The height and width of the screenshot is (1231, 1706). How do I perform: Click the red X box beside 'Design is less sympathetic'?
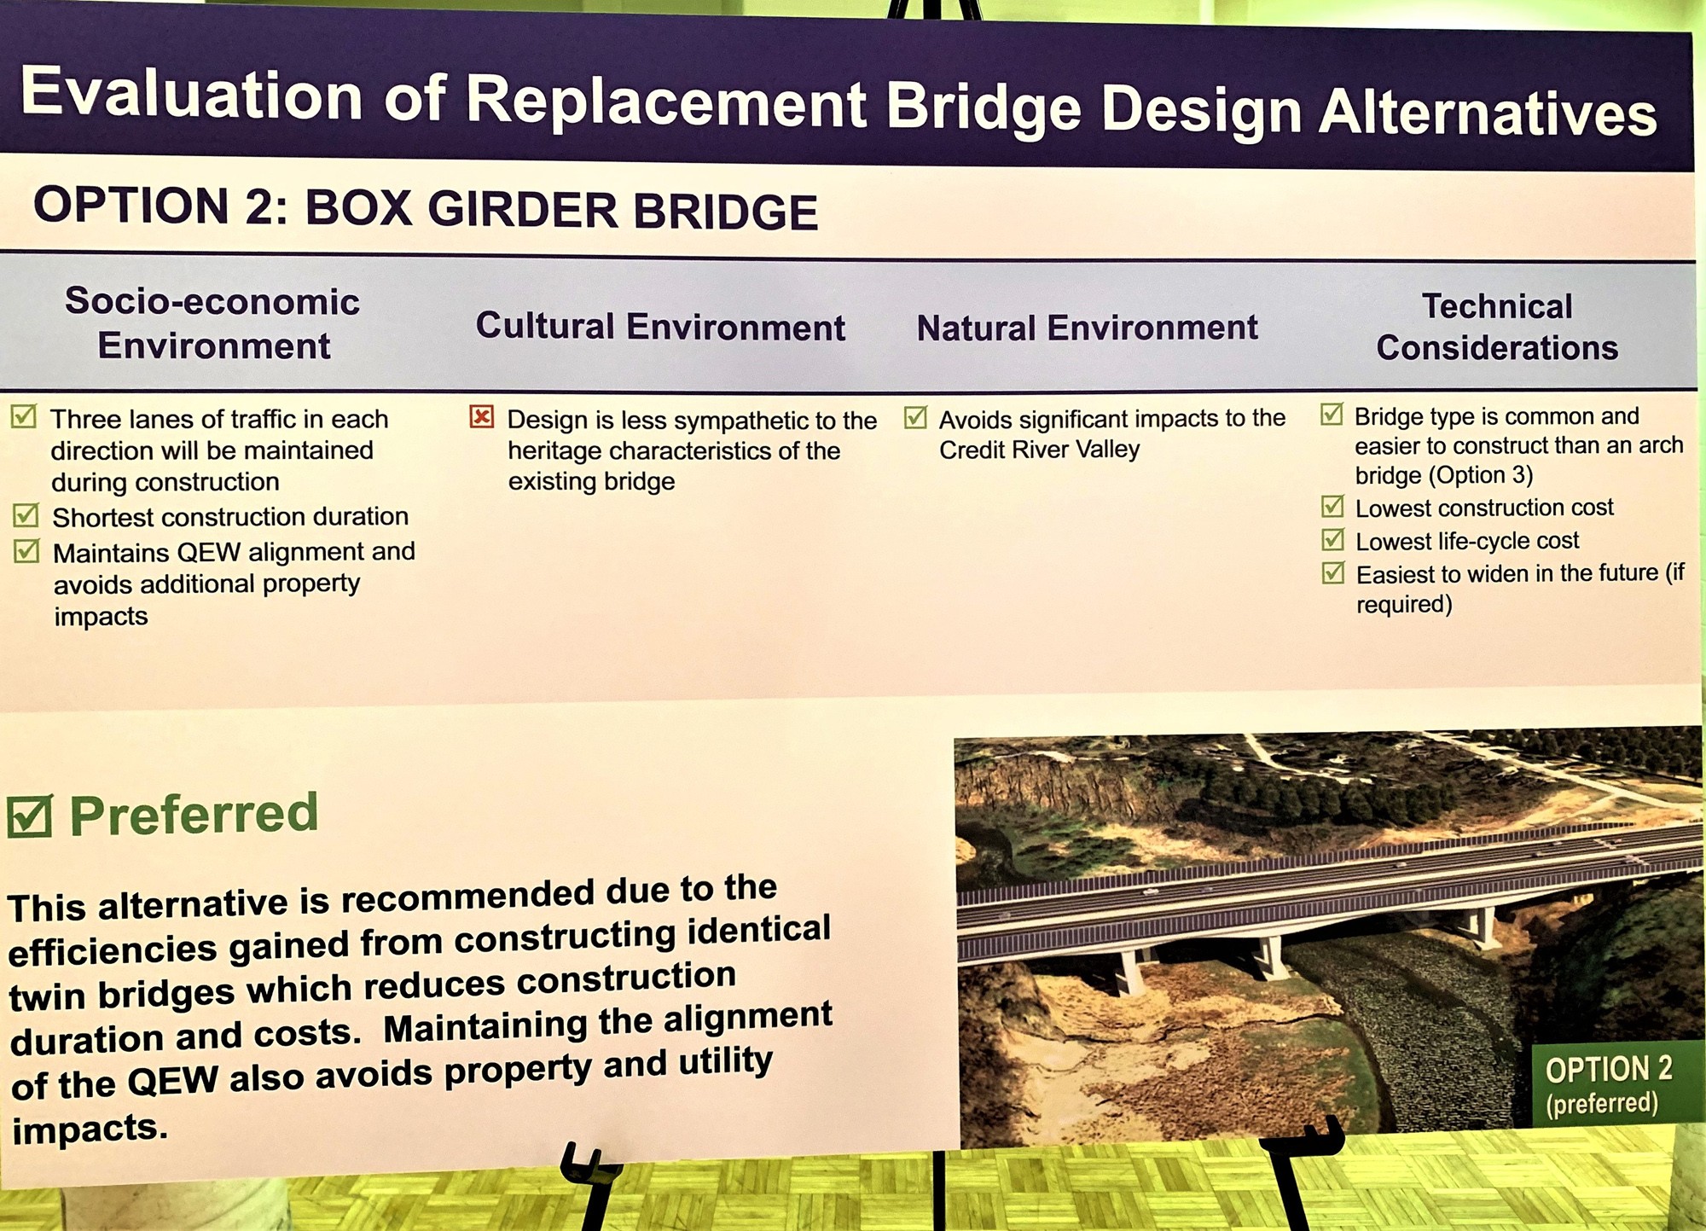[x=482, y=417]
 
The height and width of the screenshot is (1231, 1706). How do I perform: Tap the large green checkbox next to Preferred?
[x=30, y=816]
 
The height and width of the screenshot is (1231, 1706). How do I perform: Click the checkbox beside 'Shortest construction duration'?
[x=26, y=515]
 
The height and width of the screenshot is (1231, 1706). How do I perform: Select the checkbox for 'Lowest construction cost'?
[x=1332, y=507]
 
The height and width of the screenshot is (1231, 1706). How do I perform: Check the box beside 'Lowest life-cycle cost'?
[x=1332, y=539]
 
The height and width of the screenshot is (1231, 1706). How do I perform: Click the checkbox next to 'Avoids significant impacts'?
[x=915, y=418]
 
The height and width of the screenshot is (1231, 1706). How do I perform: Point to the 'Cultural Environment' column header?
[x=660, y=327]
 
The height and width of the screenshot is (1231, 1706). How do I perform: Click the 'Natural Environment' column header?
[x=1087, y=328]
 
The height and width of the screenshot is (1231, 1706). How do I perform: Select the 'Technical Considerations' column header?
[x=1497, y=327]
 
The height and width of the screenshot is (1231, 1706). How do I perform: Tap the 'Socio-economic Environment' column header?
[x=213, y=323]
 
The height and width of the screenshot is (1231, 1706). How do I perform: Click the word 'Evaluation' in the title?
[x=192, y=94]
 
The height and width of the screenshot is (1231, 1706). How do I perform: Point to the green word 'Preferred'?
[x=194, y=814]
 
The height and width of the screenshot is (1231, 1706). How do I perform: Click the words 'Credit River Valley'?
[x=1039, y=450]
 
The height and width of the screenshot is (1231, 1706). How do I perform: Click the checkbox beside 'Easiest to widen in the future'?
[x=1332, y=572]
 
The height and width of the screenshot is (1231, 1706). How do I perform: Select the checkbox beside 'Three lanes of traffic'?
[x=24, y=417]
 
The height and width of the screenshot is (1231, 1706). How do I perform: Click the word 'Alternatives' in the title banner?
[x=1487, y=113]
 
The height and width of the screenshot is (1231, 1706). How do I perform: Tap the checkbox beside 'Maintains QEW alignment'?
[x=26, y=551]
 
